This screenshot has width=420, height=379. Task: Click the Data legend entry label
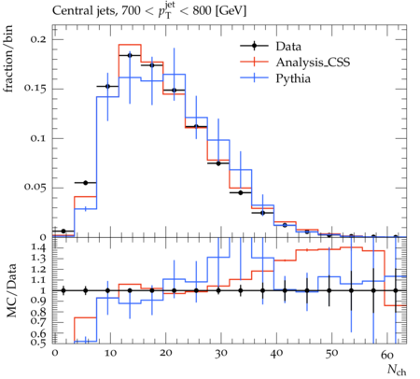288,47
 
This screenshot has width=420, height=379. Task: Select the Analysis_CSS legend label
313,63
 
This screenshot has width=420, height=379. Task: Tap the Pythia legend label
293,78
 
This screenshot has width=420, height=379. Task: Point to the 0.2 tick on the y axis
38,40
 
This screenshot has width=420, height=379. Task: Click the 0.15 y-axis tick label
35,89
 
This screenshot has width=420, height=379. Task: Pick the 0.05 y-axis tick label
35,188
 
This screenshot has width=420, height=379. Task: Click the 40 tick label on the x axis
276,354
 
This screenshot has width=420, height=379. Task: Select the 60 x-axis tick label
387,354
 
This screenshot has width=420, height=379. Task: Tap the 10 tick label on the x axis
110,354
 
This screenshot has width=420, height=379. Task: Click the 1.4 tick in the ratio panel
39,248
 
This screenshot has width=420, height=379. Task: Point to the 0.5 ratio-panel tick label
39,343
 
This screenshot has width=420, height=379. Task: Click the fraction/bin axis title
8,59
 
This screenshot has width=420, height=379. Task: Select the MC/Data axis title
11,290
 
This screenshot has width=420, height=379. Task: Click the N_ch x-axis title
397,371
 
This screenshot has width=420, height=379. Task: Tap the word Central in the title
70,11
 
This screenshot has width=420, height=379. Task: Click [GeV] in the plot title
231,11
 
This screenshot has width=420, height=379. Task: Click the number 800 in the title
202,11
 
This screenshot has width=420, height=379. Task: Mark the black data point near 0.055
86,183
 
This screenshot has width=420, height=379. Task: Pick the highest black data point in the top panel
130,55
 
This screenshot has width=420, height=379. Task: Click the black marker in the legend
254,46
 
